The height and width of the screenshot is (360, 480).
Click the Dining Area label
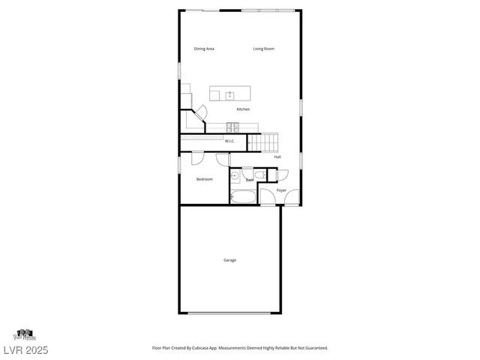coord(204,49)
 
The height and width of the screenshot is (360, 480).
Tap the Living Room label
coord(263,49)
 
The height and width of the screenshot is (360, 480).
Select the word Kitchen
coord(243,109)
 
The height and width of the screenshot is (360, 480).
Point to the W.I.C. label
coord(230,141)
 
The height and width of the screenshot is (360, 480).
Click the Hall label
coord(277,157)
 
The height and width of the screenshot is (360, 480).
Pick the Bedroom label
coord(204,179)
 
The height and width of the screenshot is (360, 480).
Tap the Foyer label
coord(281,190)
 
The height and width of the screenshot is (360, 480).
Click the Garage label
coord(229,260)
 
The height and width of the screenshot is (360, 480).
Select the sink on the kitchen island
coord(229,94)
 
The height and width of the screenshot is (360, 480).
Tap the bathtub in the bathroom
coord(243,198)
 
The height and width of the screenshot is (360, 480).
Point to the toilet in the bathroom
coord(259,175)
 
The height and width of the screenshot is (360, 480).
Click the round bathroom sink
coord(235,177)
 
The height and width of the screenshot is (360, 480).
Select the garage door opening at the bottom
coord(229,313)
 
